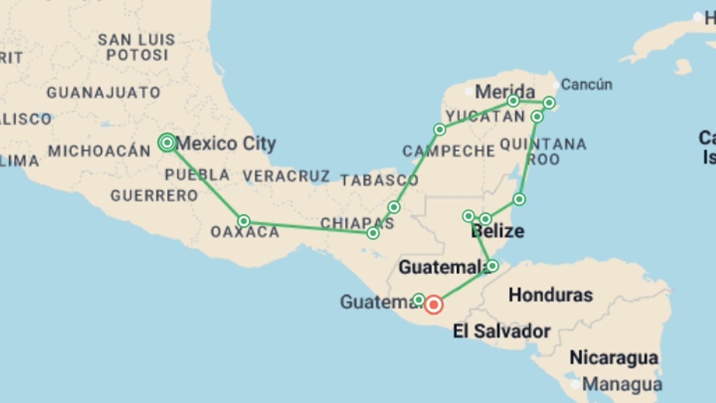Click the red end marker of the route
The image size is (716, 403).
433,305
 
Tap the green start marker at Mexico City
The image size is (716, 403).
167,143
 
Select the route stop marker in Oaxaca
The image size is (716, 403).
244,221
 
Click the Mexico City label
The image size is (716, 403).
226,143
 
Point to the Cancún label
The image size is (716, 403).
586,85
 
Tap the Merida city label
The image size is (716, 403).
505,91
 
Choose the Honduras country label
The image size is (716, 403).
550,295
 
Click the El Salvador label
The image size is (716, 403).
501,331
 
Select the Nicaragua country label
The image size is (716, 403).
613,358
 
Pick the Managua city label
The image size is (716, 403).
622,384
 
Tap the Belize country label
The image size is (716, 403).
497,231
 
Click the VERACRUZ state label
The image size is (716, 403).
286,176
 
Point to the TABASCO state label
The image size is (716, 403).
379,181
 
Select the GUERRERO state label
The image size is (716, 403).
154,196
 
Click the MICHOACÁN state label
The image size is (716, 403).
99,151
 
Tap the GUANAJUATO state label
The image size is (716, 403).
103,93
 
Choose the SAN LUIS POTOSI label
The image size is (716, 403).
136,47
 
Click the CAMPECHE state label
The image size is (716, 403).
449,151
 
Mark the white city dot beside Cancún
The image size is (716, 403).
556,85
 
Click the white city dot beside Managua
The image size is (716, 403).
575,384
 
